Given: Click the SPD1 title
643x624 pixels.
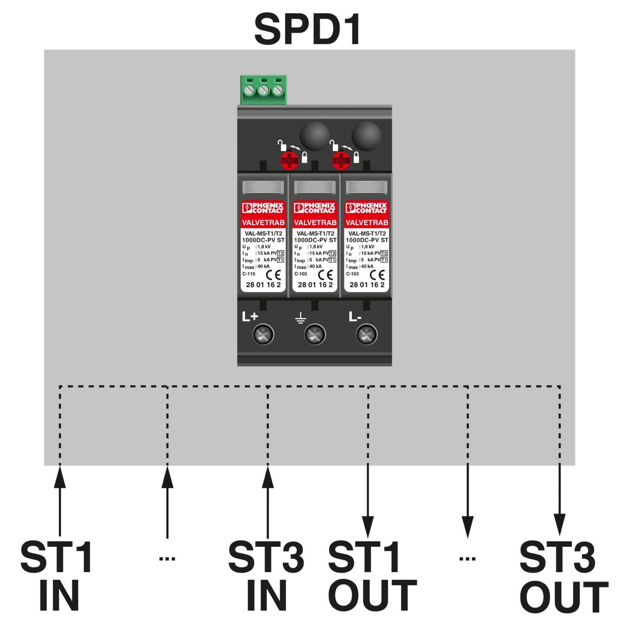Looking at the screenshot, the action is coord(308,29).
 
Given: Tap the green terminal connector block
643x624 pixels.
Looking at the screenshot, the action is coord(263,90).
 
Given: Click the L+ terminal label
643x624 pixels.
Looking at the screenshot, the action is coord(250,316).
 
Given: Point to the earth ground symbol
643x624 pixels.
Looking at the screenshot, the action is coord(301,318).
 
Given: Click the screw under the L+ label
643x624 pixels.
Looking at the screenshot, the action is coord(263,334).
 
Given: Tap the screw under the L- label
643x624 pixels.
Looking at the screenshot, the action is coord(367,334).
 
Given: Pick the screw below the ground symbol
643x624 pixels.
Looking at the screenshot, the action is coord(315,334).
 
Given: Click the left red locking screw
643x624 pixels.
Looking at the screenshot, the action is coord(289,161).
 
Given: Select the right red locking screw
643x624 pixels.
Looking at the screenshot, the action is coord(341,161).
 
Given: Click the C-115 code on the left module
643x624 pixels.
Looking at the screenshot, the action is coord(249,274).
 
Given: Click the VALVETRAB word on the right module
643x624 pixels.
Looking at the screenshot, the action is coord(367,222).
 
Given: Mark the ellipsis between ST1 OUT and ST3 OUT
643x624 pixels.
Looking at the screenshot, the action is coord(467,558).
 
